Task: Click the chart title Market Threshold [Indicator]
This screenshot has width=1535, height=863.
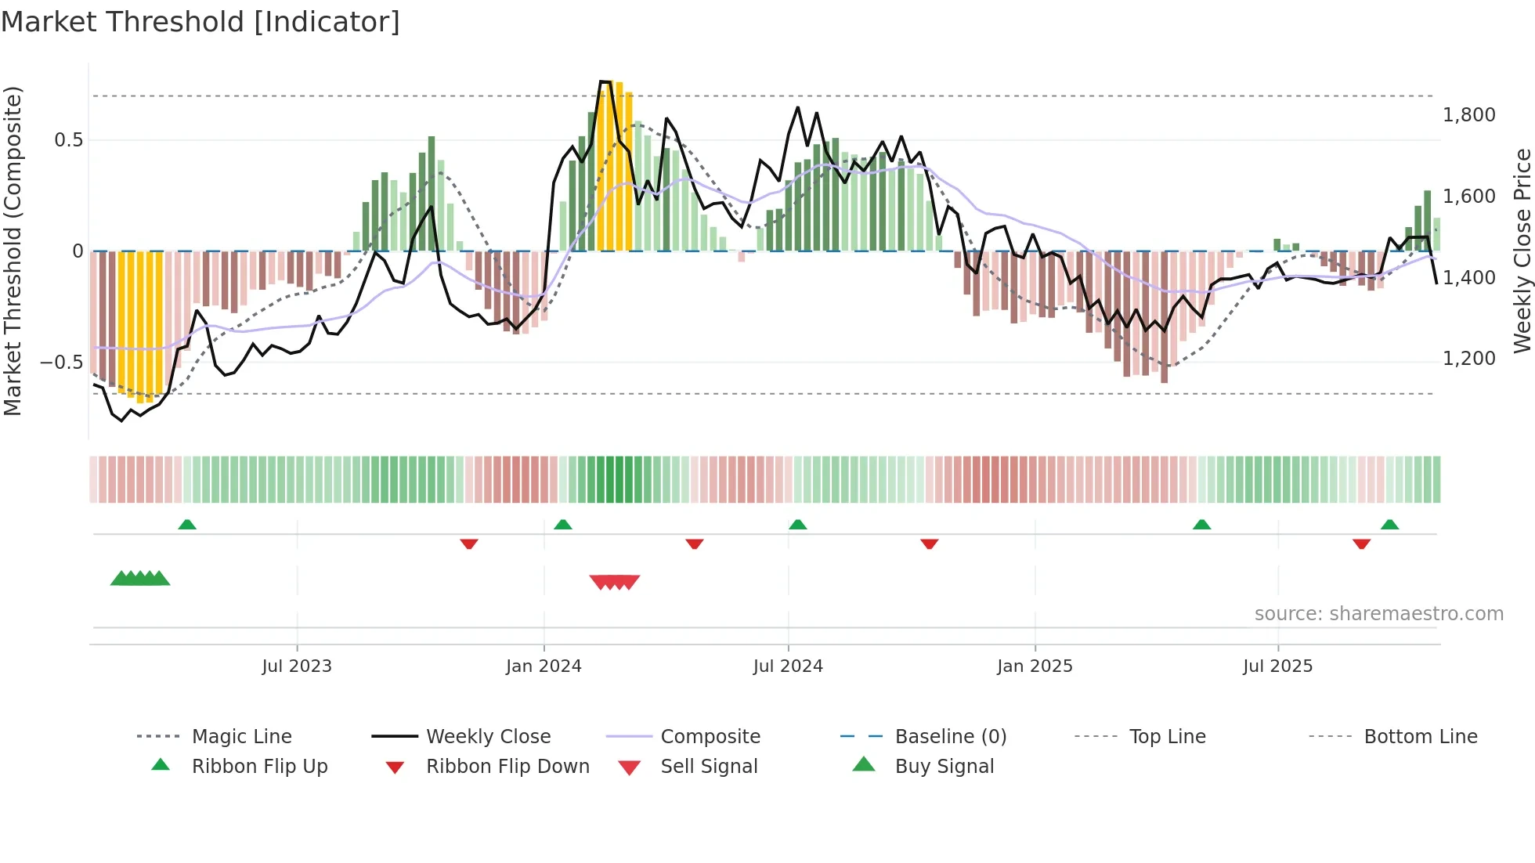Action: click(200, 22)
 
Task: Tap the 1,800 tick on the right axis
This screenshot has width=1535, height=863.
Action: click(1468, 115)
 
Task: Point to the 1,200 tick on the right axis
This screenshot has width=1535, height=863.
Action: click(1468, 359)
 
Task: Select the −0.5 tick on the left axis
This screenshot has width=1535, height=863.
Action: click(61, 363)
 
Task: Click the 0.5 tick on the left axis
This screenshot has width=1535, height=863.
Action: click(68, 140)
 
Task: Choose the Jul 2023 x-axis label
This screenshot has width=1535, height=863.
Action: click(297, 666)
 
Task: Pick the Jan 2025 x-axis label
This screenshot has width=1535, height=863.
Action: click(1035, 666)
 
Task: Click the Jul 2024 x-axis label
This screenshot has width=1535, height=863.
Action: click(788, 666)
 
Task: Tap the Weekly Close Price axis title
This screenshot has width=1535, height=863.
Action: click(1522, 251)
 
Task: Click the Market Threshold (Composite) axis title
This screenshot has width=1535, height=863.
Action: click(13, 251)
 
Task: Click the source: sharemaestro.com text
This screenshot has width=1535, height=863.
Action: click(1378, 614)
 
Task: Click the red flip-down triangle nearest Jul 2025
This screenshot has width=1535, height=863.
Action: click(1361, 543)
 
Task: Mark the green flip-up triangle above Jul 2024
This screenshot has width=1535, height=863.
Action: click(797, 524)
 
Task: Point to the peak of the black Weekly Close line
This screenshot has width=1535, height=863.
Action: click(605, 81)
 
